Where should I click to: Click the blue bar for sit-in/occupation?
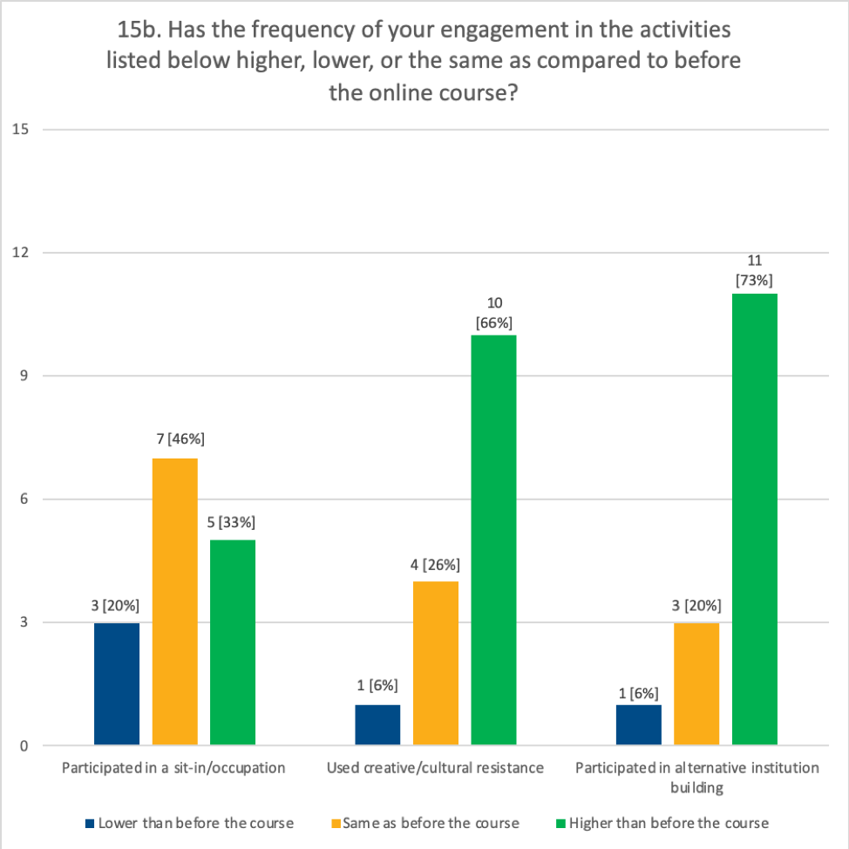tap(116, 683)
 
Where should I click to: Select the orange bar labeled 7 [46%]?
tap(174, 601)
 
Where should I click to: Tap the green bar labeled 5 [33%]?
tap(233, 642)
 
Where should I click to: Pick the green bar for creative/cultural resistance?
tap(493, 540)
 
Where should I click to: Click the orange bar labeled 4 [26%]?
tap(436, 662)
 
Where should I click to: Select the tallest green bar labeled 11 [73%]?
tap(754, 520)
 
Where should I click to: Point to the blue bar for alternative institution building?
tap(638, 725)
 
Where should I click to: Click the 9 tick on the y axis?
tap(24, 377)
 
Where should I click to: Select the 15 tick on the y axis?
tap(21, 130)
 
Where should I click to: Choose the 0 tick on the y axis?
tap(24, 746)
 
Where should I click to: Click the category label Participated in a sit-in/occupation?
tap(174, 768)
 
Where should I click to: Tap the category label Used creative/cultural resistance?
tap(435, 768)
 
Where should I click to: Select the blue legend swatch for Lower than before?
tap(89, 823)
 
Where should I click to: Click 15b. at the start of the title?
tap(137, 31)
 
